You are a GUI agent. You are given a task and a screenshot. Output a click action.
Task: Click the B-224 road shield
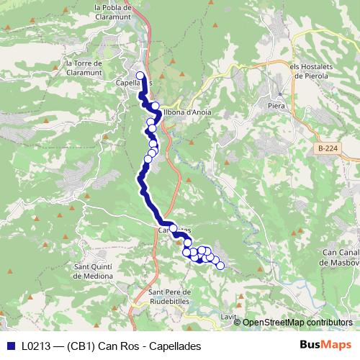coord(326,148)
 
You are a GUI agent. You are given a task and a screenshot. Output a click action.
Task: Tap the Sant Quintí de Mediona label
coord(93,271)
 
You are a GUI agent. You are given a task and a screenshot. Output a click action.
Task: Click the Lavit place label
coord(229,316)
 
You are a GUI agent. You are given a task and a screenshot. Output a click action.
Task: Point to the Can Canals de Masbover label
coord(341,256)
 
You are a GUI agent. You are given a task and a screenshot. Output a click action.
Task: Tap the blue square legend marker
coord(9,346)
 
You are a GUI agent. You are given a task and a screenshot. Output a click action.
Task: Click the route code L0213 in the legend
coord(35,346)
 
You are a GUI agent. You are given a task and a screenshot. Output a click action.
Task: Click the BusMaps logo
coord(326,346)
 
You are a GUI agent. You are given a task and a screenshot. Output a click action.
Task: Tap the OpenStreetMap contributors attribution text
coord(297,322)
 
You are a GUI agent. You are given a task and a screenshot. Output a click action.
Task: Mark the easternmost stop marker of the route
coord(220,266)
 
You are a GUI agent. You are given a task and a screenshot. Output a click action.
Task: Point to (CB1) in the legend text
coord(81,346)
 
